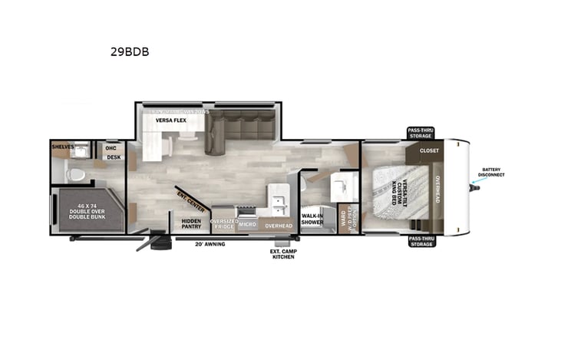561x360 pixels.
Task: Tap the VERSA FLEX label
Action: coord(170,121)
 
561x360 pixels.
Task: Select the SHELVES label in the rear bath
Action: coord(63,146)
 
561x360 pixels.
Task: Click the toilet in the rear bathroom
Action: coord(75,173)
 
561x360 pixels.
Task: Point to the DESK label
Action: coord(114,157)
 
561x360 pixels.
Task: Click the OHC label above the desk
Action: coord(111,147)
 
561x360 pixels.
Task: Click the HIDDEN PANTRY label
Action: coord(191,224)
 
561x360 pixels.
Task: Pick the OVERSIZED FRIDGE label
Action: coord(223,224)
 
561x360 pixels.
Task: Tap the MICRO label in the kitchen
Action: coord(247,225)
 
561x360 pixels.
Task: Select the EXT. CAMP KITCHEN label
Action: coord(282,253)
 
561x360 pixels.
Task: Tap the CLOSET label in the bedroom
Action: coord(429,150)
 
